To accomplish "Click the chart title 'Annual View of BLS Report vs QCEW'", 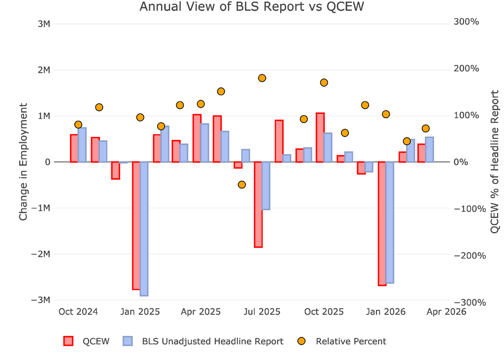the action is coord(252,6).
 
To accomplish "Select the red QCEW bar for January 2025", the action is coord(136,226).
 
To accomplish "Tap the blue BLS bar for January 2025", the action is coord(144,229).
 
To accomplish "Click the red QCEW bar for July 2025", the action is coord(258,204).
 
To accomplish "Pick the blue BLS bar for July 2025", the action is coord(266,186).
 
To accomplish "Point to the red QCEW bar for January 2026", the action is coord(382,223).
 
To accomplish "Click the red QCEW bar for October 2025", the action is coord(320,137).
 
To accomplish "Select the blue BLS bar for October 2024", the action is coord(82,145).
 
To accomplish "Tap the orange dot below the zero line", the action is coord(242,185).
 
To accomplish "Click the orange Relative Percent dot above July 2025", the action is coord(262,78).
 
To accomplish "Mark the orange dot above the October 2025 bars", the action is coord(324,83).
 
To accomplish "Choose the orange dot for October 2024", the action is coord(78,125).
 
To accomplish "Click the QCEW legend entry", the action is coord(87,341).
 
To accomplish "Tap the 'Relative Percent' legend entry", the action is coord(342,341).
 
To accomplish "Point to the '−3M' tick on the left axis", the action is coord(40,300).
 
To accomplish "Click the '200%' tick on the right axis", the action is coord(466,68).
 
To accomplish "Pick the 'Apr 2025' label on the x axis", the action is coord(201,312).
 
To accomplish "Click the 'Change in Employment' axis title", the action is coord(23,162).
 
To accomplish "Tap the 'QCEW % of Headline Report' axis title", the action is coord(495,162).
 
